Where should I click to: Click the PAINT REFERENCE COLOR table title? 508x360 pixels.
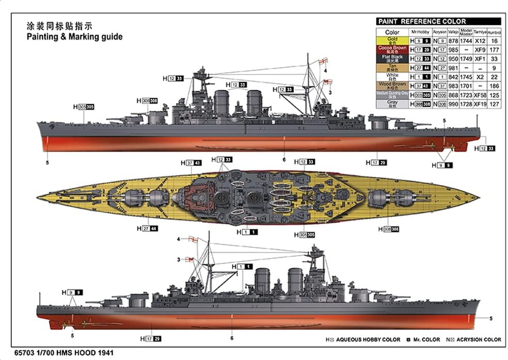[x=421, y=22]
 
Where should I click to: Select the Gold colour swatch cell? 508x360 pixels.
[x=392, y=40]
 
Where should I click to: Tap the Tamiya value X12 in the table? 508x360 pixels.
[x=480, y=40]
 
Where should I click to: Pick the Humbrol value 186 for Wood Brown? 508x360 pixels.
[x=495, y=86]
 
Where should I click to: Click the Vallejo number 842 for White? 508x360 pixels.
[x=453, y=77]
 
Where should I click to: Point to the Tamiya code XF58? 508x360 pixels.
[x=480, y=95]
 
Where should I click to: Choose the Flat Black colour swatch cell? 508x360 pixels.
[x=392, y=58]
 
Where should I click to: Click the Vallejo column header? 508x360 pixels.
[x=453, y=32]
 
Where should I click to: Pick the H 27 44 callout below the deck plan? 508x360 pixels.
[x=148, y=228]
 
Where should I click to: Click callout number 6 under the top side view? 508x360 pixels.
[x=284, y=159]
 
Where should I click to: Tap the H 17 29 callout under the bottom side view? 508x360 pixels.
[x=150, y=338]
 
